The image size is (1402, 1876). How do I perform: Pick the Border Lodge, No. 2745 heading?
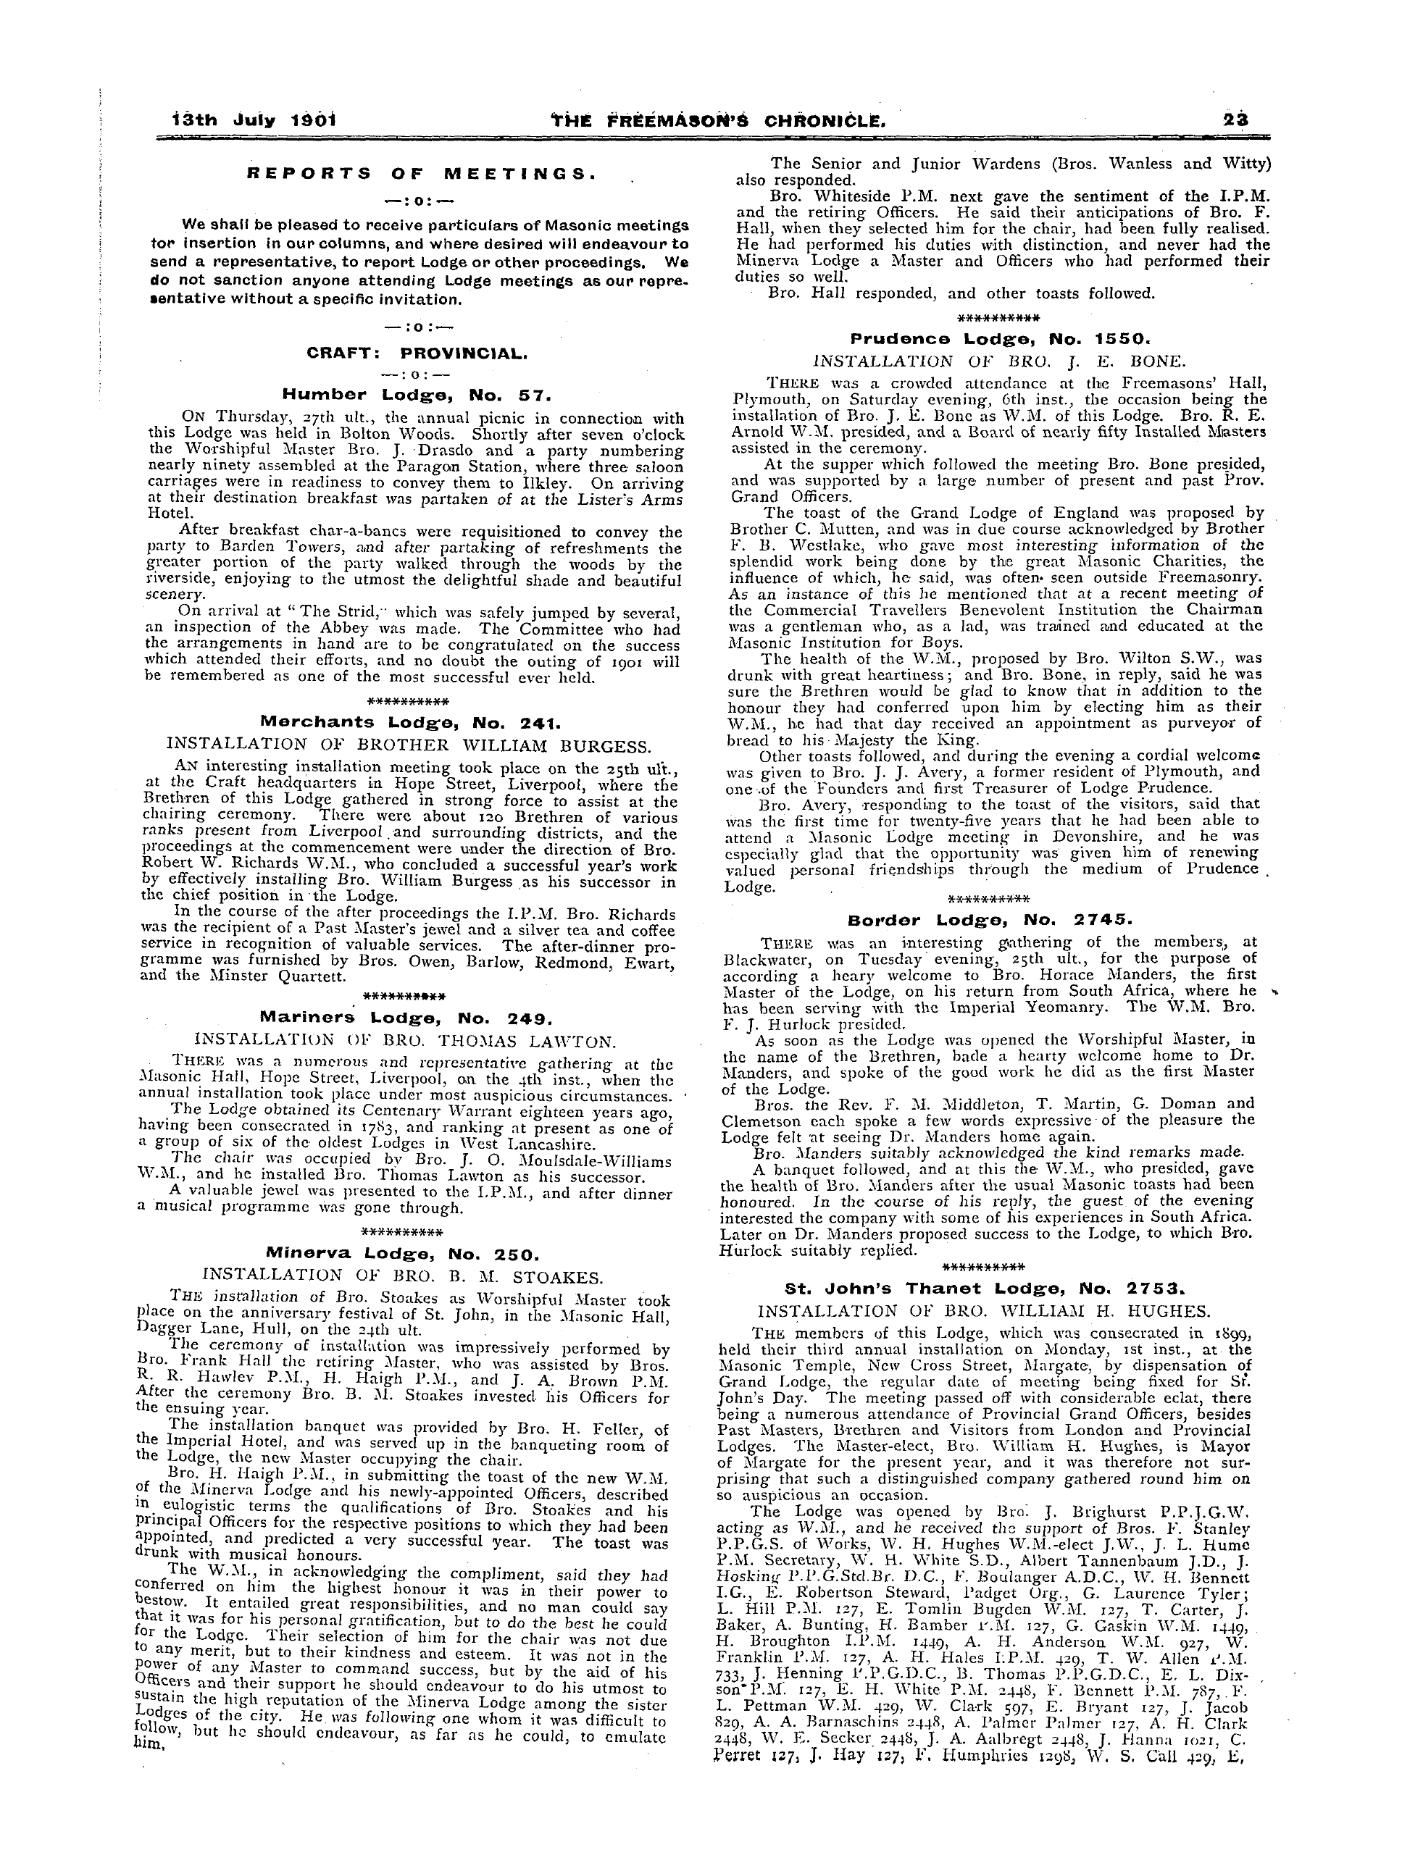tap(990, 919)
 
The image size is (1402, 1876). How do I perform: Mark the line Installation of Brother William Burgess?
tap(409, 745)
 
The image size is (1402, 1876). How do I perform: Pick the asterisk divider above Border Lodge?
tap(989, 899)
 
